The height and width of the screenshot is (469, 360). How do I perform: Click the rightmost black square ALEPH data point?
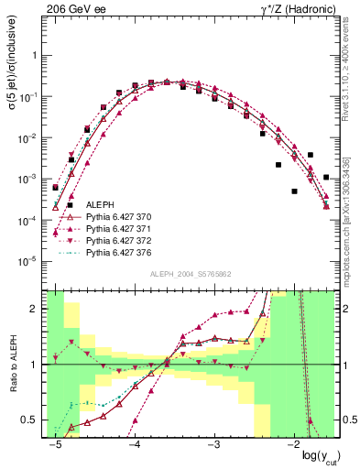pos(327,177)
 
